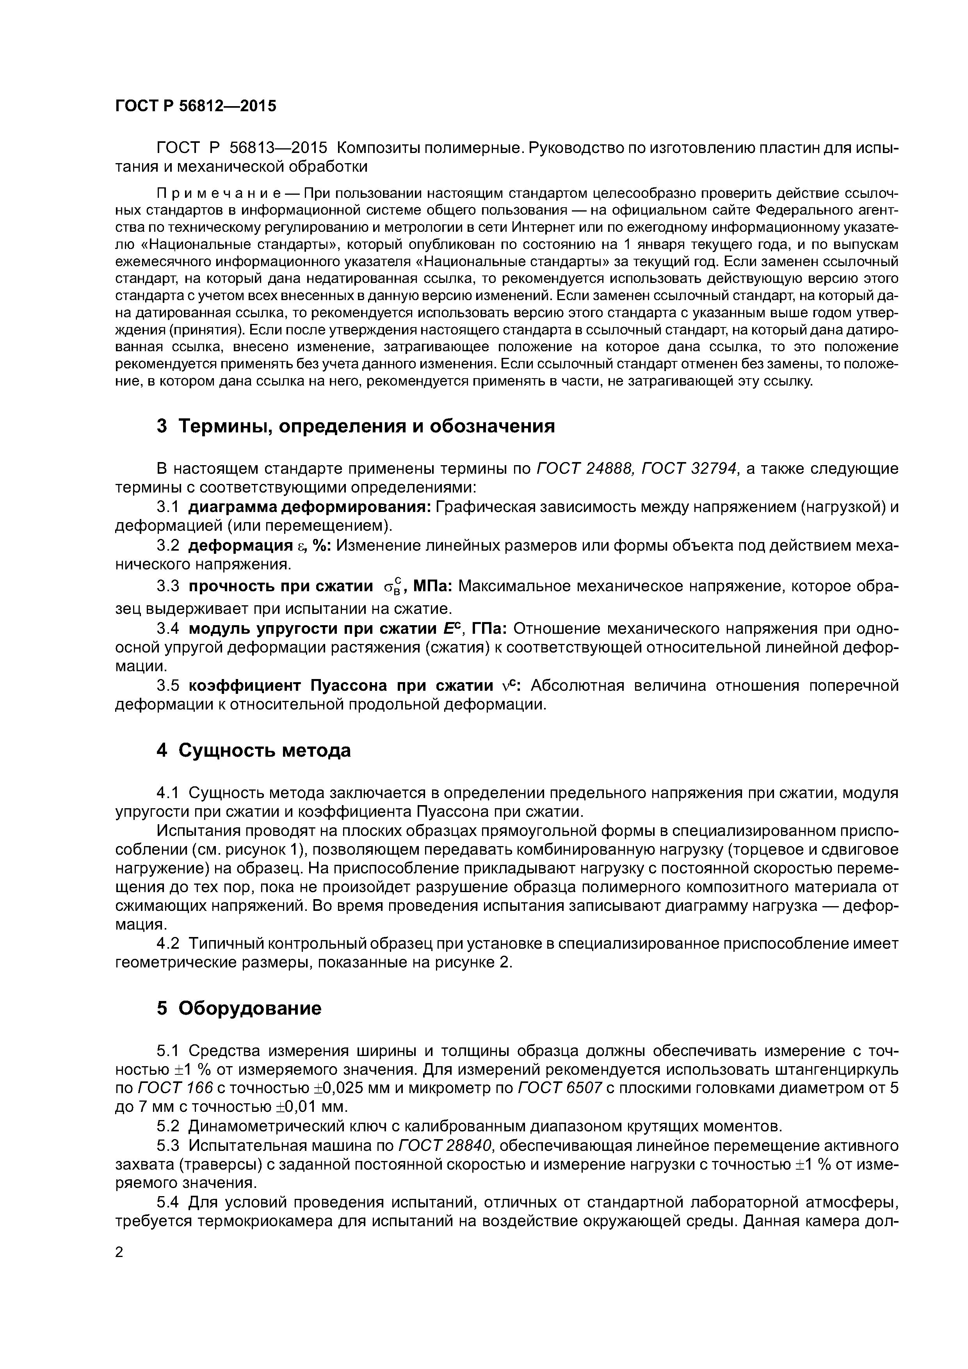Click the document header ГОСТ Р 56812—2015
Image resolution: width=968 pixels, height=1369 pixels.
click(x=196, y=106)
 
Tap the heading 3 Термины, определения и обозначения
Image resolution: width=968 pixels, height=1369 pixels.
click(x=356, y=426)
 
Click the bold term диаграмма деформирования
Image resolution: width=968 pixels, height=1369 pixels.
click(x=310, y=507)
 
